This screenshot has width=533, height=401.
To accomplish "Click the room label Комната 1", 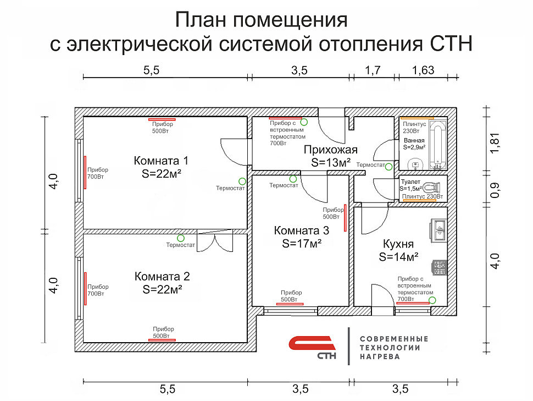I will tap(161, 161).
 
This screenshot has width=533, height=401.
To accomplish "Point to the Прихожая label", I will tap(331, 150).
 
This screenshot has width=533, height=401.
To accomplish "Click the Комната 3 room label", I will tap(302, 230).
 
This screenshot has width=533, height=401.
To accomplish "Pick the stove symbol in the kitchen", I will tap(439, 267).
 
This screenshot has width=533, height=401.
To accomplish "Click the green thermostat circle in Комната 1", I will tap(241, 180).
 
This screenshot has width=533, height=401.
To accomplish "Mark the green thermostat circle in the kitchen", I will tap(432, 300).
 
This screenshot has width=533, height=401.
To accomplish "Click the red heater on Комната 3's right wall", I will tap(345, 217).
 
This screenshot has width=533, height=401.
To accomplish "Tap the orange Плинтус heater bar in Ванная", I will tap(417, 118).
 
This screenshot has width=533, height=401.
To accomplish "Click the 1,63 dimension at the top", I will tap(423, 70).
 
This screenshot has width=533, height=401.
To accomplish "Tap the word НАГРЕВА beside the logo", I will tap(380, 357).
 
